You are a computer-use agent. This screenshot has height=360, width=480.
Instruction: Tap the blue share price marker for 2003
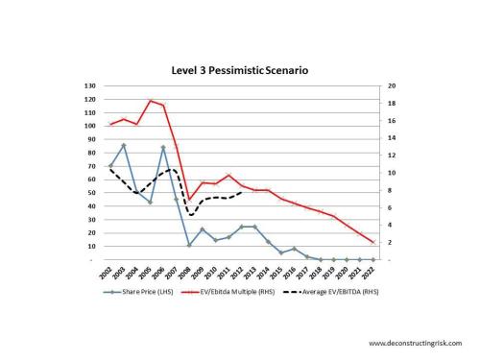coord(124,145)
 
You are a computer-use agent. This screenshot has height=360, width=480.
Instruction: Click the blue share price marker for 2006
coord(163,147)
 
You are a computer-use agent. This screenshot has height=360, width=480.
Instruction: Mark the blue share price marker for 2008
coord(189,245)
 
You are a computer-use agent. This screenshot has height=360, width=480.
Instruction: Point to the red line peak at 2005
coord(150,100)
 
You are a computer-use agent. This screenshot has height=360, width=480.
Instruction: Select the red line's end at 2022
coord(372,243)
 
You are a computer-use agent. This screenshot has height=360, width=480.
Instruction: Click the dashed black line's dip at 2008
coord(190,214)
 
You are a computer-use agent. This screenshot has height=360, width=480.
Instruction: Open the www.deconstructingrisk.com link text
coord(416,343)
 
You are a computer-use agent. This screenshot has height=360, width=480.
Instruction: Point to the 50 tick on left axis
coord(91,193)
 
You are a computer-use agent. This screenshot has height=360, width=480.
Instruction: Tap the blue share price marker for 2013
coord(254,227)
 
